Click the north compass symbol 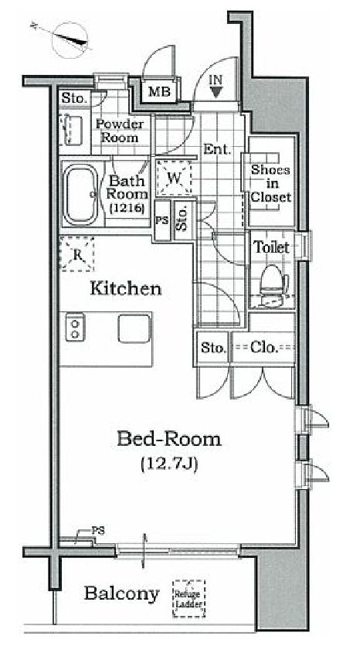tap(70, 39)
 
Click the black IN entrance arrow tap(216, 91)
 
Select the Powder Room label tap(120, 131)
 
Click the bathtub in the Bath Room tap(80, 194)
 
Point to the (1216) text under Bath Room tap(127, 208)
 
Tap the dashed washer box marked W tap(175, 178)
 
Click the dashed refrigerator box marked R tap(77, 254)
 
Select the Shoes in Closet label tap(270, 183)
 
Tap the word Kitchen tap(126, 288)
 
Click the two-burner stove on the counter tap(76, 328)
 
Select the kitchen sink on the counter tap(134, 328)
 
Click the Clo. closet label tap(264, 348)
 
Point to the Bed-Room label tap(169, 439)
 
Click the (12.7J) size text tap(169, 464)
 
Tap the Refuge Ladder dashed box tap(189, 598)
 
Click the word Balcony tap(121, 594)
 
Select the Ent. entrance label tap(217, 149)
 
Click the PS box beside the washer tap(162, 221)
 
